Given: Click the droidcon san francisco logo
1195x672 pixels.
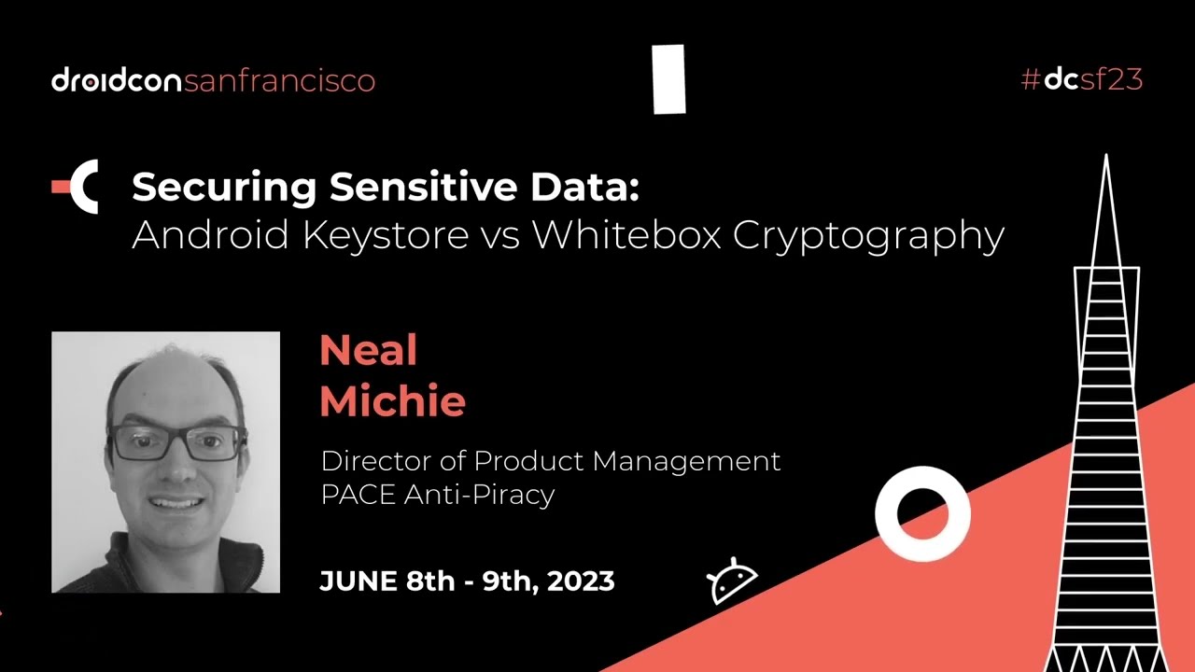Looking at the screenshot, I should coord(213,80).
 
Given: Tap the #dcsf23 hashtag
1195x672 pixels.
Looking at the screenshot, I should coord(1082,79).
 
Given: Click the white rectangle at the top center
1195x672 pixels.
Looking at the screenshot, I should coord(669,79).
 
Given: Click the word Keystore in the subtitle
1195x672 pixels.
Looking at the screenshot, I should coord(386,235).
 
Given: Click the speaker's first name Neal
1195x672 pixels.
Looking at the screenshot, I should coord(368,351).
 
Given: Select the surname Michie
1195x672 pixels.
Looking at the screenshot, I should coord(392,401).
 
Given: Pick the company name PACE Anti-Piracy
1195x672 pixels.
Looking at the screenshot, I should coord(437,495).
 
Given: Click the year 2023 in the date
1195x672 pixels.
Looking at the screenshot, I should coord(581,581).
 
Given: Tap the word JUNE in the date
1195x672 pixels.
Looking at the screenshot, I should coord(358,581).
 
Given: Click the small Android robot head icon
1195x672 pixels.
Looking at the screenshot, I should coord(732,581).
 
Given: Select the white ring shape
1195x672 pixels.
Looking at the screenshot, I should coord(922,513).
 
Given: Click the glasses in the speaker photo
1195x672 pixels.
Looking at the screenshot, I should coord(177,441).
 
